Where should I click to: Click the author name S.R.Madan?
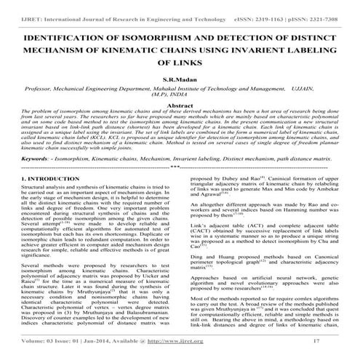click(180, 76)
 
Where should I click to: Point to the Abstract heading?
click(180, 105)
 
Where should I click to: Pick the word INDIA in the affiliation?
click(195, 93)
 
